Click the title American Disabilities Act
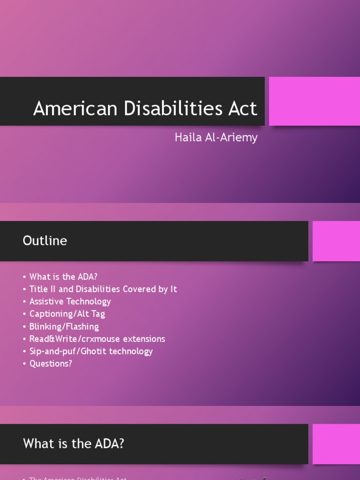pyautogui.click(x=145, y=108)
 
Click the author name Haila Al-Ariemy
pyautogui.click(x=216, y=137)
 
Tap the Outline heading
pyautogui.click(x=45, y=240)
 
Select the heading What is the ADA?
pyautogui.click(x=73, y=443)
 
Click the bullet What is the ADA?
pyautogui.click(x=63, y=277)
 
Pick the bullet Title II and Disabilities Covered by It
pyautogui.click(x=103, y=289)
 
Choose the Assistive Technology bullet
pyautogui.click(x=70, y=301)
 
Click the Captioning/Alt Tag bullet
pyautogui.click(x=67, y=314)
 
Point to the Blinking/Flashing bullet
pyautogui.click(x=64, y=326)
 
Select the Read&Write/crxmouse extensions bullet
pyautogui.click(x=97, y=338)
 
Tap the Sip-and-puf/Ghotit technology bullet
pyautogui.click(x=91, y=351)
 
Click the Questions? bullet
pyautogui.click(x=51, y=363)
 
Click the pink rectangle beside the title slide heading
pyautogui.click(x=314, y=101)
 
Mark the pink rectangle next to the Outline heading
pyautogui.click(x=336, y=241)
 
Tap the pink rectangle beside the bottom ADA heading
pyautogui.click(x=336, y=444)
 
